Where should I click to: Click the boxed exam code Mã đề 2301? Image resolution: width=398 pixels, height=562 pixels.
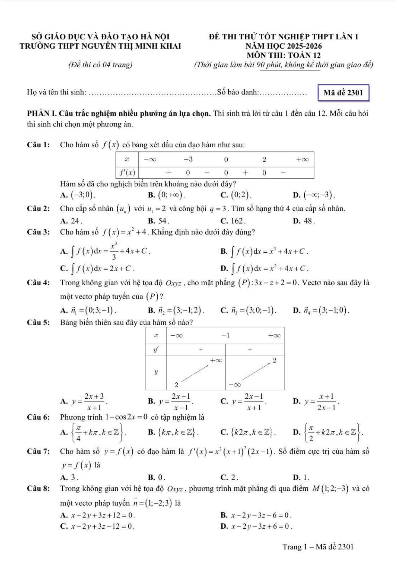[343, 93]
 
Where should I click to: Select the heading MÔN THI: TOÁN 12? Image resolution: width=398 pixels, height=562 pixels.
[284, 55]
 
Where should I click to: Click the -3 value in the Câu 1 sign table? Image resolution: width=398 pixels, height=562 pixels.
[188, 159]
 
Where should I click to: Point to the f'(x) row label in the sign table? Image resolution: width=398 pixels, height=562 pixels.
[127, 173]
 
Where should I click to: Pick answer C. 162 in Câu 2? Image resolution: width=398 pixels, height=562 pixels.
[233, 221]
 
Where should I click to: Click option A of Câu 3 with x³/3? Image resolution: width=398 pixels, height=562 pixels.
[106, 252]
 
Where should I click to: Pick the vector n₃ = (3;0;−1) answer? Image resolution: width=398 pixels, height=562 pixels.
[249, 310]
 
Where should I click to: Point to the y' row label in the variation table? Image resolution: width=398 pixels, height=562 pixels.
[156, 349]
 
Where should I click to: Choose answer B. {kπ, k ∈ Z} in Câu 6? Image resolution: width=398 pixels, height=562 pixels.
[174, 433]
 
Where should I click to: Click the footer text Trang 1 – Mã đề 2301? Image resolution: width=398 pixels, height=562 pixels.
[318, 547]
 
